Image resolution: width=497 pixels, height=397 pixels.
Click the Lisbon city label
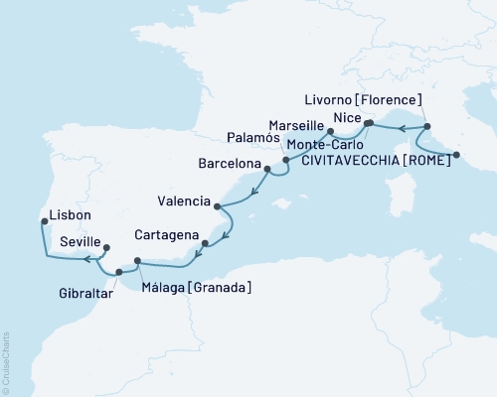tap(70, 215)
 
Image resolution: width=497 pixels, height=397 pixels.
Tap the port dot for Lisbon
tap(42, 222)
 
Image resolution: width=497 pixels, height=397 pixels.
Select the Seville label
tap(80, 241)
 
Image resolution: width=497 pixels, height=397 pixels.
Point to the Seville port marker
tap(106, 248)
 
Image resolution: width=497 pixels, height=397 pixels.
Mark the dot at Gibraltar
tap(119, 271)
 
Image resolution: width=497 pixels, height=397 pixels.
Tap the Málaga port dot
tap(137, 261)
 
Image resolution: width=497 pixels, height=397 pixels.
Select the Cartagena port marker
tap(205, 243)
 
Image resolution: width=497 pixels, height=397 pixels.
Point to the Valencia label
tap(184, 201)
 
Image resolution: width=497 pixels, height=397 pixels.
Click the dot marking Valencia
tap(218, 205)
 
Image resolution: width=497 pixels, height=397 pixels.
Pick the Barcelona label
tap(229, 163)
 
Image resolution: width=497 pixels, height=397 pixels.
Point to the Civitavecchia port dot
tap(456, 154)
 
